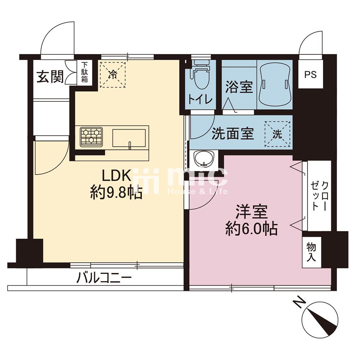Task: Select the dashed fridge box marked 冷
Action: (x=113, y=75)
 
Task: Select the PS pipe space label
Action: (x=310, y=75)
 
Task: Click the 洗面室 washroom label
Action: (x=233, y=134)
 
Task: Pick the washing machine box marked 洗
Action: (x=277, y=134)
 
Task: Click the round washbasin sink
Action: (x=204, y=158)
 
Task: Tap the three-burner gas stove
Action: (x=91, y=136)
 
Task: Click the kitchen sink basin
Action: (x=129, y=138)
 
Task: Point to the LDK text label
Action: (x=117, y=176)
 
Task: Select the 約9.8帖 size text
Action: (x=116, y=193)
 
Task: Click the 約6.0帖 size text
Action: (x=251, y=229)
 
